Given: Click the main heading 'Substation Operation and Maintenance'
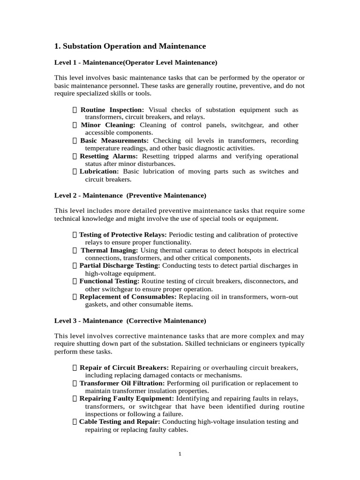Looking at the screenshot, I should [130, 46].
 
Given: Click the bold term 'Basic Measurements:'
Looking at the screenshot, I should [114, 141].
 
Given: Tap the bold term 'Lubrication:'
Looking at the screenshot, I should [99, 172].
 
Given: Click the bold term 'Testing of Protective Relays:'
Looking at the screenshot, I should [123, 235].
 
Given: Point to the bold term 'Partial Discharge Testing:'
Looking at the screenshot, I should [120, 266].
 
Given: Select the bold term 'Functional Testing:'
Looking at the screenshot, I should [109, 281].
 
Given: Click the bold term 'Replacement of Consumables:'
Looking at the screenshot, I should [128, 297].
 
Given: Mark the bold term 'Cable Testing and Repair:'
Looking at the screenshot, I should [120, 421].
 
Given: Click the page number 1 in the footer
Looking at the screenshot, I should [180, 454].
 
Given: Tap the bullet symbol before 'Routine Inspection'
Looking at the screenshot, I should [75, 110].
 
